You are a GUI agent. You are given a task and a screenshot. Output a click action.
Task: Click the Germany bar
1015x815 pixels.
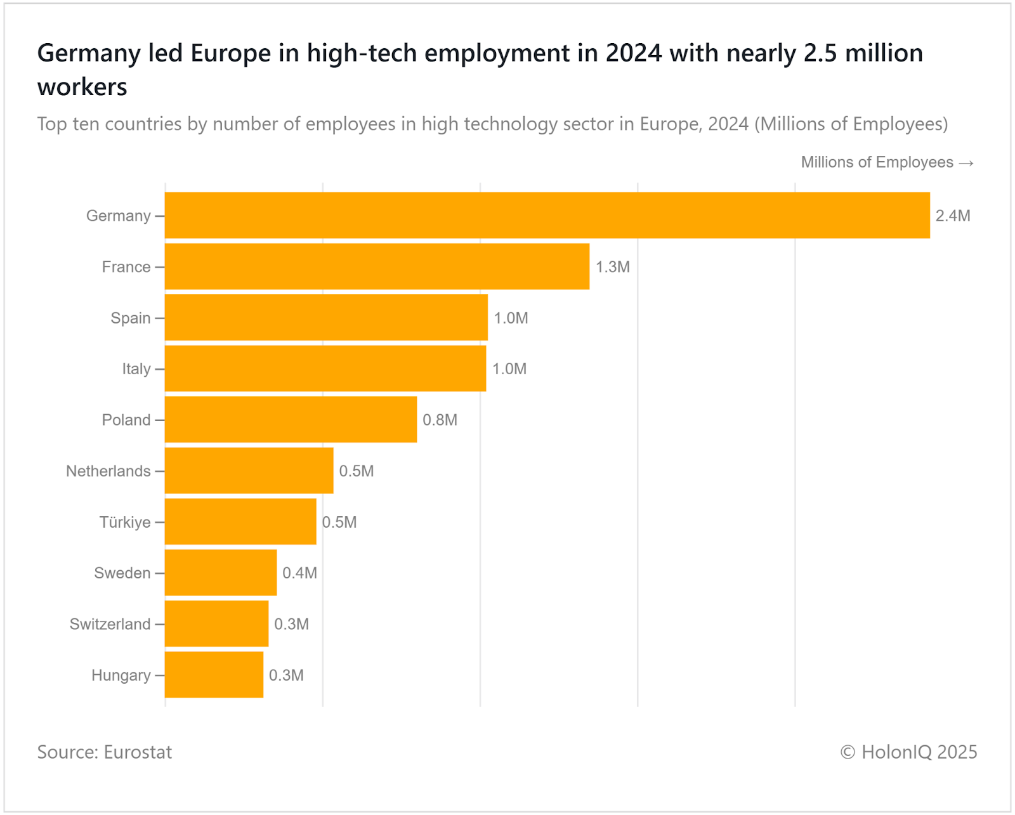(x=547, y=216)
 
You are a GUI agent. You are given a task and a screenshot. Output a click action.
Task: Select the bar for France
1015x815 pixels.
(x=377, y=266)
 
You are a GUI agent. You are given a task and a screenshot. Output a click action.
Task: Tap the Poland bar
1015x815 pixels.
(x=291, y=420)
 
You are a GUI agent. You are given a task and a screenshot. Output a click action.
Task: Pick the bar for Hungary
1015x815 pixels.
(x=214, y=675)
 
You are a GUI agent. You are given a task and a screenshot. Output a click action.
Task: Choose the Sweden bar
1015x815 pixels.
(x=221, y=573)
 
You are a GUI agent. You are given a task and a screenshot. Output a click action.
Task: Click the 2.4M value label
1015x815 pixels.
(x=953, y=216)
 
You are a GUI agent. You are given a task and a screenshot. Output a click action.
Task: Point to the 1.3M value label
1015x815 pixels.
(x=612, y=267)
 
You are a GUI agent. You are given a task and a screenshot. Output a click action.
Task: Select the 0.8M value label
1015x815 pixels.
(x=440, y=420)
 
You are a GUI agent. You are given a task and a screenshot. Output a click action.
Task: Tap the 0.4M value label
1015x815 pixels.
(x=299, y=573)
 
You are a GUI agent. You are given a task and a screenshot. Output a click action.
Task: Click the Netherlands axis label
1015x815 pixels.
(x=108, y=471)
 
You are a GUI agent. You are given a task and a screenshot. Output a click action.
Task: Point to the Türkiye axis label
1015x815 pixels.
(x=125, y=522)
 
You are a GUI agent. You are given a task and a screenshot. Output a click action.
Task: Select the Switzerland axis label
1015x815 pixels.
(x=110, y=624)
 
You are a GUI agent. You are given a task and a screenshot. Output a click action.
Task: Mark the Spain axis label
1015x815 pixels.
(x=130, y=318)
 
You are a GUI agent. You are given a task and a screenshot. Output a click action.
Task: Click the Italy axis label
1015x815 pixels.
(x=136, y=369)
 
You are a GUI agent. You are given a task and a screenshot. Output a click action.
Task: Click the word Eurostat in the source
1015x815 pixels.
(x=138, y=752)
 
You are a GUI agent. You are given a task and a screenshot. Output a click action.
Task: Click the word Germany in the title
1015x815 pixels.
(x=89, y=53)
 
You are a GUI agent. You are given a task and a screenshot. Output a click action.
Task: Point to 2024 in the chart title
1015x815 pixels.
(x=633, y=53)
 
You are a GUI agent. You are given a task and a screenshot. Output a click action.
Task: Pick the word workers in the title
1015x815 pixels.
(x=82, y=87)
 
